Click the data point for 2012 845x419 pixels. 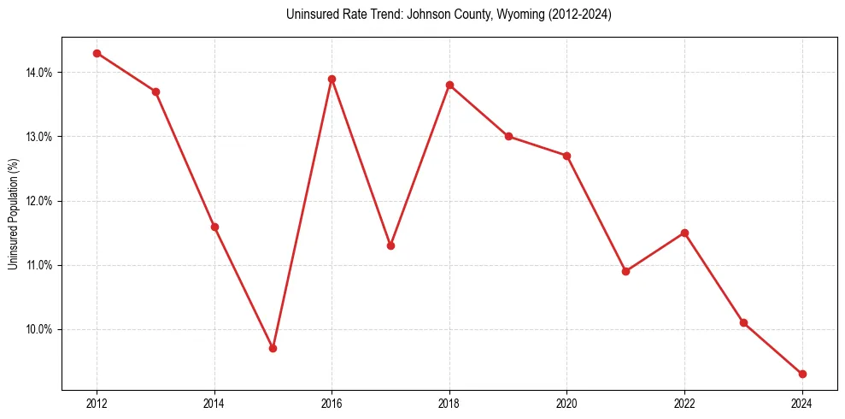tap(97, 53)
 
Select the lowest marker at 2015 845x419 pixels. tap(273, 348)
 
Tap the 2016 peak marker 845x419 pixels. tap(332, 79)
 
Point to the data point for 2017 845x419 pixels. tap(390, 245)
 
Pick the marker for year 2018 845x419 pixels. tap(449, 85)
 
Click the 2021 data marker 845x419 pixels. tap(625, 271)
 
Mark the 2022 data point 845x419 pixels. tap(684, 233)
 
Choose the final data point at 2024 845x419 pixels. tap(802, 374)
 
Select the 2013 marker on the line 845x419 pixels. tap(156, 91)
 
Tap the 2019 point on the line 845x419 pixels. tap(508, 136)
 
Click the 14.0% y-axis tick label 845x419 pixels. tap(38, 73)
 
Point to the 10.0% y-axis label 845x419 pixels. tap(38, 329)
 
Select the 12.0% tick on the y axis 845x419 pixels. tap(38, 201)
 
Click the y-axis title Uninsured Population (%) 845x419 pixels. tap(13, 214)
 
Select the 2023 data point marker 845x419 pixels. tap(743, 322)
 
